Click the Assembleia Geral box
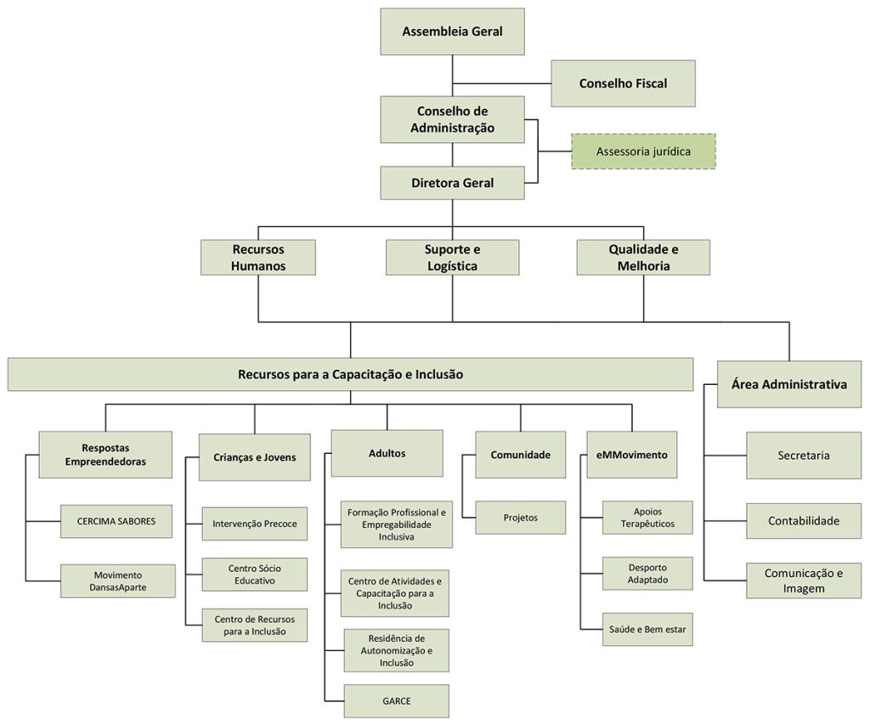pyautogui.click(x=452, y=32)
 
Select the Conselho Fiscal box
pyautogui.click(x=623, y=83)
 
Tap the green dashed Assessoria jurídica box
pyautogui.click(x=643, y=151)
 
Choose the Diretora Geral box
pyautogui.click(x=452, y=183)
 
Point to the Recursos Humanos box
pyautogui.click(x=257, y=258)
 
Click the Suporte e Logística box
pyautogui.click(x=452, y=258)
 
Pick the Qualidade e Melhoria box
pyautogui.click(x=643, y=258)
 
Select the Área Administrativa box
pyautogui.click(x=788, y=384)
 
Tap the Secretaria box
pyautogui.click(x=803, y=455)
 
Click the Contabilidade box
pyautogui.click(x=803, y=520)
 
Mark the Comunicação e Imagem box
pyautogui.click(x=803, y=581)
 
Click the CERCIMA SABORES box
pyautogui.click(x=116, y=521)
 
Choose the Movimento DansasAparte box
pyautogui.click(x=118, y=581)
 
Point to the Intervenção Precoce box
pyautogui.click(x=255, y=524)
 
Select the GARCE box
pyautogui.click(x=396, y=701)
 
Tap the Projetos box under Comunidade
pyautogui.click(x=520, y=518)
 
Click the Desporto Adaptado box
pyautogui.click(x=647, y=574)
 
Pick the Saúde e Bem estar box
pyautogui.click(x=647, y=630)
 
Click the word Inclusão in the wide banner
pyautogui.click(x=440, y=374)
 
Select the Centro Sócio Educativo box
pyautogui.click(x=255, y=575)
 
